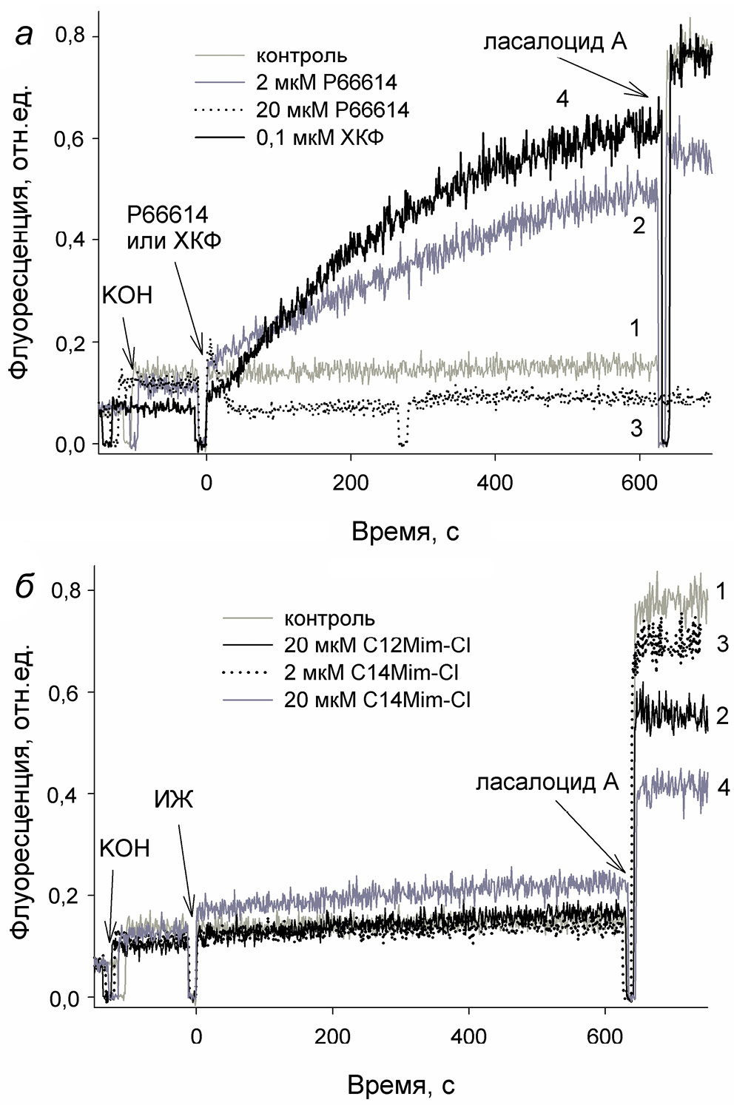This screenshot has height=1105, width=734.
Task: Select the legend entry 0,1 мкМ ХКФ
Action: (x=320, y=138)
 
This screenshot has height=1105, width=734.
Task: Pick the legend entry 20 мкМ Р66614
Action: (x=332, y=110)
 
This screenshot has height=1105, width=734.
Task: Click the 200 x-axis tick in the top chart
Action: (x=350, y=483)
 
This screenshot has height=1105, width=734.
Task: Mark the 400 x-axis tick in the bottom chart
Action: (x=469, y=1036)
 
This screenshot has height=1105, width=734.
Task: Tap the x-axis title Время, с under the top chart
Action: (x=405, y=531)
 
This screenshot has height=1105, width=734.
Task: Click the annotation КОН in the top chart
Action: (x=127, y=295)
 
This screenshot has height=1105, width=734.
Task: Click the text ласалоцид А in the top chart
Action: (x=555, y=41)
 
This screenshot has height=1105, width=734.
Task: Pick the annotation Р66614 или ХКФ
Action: (x=173, y=228)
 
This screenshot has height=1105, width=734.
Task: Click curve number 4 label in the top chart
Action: (x=562, y=98)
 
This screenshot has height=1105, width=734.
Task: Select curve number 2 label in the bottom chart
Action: (x=722, y=715)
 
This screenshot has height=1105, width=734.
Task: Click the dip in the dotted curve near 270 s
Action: (x=402, y=441)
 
